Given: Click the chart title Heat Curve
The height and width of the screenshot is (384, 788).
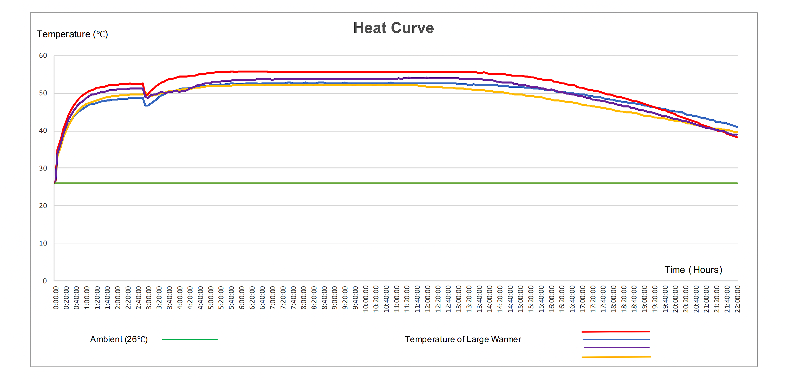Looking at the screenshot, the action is pyautogui.click(x=393, y=28).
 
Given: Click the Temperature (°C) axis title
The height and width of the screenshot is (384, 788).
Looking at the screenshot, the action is pyautogui.click(x=72, y=34).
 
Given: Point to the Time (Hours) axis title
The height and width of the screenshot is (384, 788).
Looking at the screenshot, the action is pyautogui.click(x=693, y=270).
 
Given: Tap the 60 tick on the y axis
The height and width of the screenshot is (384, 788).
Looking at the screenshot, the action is pyautogui.click(x=43, y=56).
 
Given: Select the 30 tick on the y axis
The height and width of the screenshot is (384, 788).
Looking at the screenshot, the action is pyautogui.click(x=43, y=168).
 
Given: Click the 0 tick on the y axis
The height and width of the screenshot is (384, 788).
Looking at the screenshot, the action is pyautogui.click(x=45, y=281).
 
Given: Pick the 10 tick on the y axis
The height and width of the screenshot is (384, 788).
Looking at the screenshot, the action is pyautogui.click(x=43, y=243).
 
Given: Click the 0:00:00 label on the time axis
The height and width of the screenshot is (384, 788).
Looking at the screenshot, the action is pyautogui.click(x=56, y=298).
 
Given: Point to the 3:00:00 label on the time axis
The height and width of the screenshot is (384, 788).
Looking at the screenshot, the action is pyautogui.click(x=149, y=298).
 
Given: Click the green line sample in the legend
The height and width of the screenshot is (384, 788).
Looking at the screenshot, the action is pyautogui.click(x=190, y=339).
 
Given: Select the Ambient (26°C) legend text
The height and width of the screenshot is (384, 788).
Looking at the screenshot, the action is pyautogui.click(x=119, y=339).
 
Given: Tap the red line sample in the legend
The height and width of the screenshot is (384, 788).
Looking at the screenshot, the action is pyautogui.click(x=616, y=332).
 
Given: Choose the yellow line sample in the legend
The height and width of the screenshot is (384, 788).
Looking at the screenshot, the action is pyautogui.click(x=616, y=357).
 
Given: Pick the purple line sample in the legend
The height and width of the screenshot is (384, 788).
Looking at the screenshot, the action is pyautogui.click(x=616, y=348).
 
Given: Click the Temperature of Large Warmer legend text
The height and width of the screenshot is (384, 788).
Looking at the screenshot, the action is pyautogui.click(x=463, y=339).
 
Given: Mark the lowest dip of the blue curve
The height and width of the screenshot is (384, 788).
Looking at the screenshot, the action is pyautogui.click(x=147, y=106).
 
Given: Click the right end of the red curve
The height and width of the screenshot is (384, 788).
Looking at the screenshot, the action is pyautogui.click(x=737, y=137).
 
